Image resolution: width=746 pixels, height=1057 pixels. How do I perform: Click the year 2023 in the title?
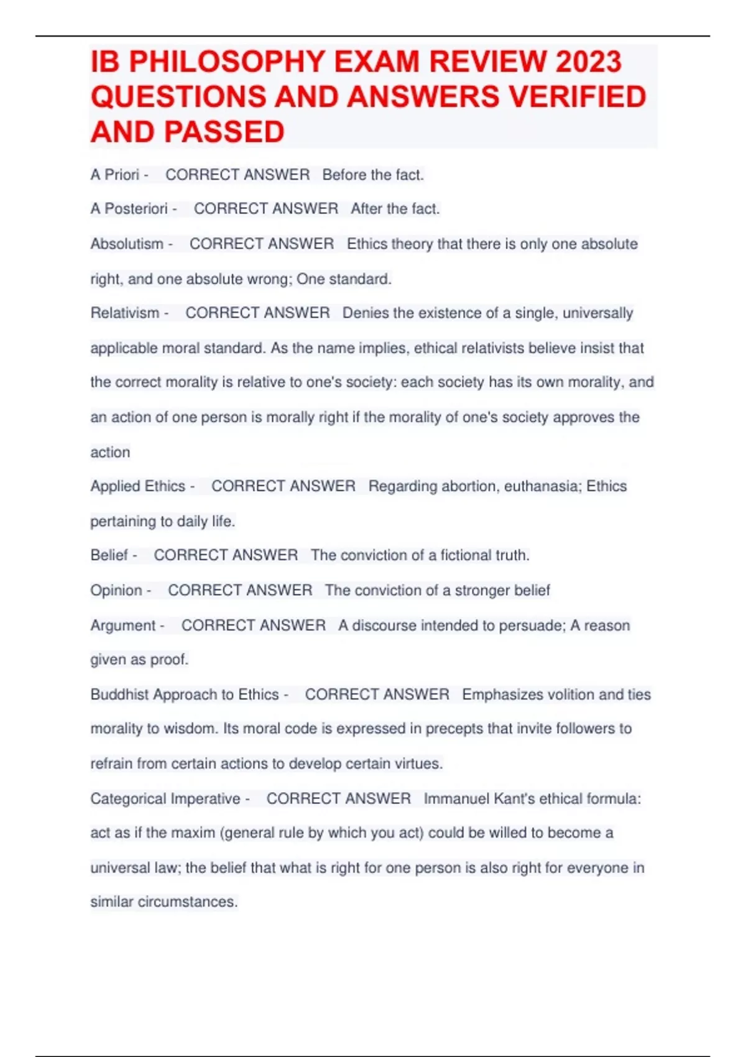(588, 62)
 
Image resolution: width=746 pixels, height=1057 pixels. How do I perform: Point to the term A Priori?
(115, 175)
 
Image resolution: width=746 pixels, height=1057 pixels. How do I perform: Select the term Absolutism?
(127, 244)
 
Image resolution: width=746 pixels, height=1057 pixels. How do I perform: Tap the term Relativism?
(125, 313)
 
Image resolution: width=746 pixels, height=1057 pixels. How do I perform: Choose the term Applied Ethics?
(138, 486)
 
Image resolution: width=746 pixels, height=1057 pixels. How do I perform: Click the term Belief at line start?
(109, 555)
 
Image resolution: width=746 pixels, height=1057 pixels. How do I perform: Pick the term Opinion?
(116, 590)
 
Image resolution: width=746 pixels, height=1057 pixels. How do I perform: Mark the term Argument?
(123, 625)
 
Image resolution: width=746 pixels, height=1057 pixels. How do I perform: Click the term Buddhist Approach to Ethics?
(185, 695)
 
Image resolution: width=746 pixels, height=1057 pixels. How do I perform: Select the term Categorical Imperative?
(165, 799)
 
